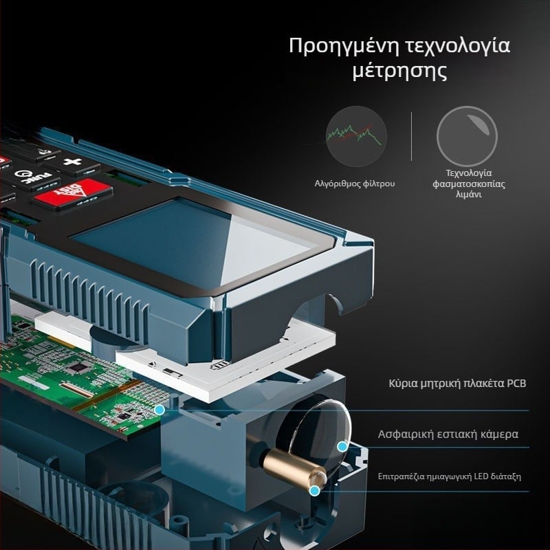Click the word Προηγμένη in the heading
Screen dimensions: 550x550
[x=344, y=47]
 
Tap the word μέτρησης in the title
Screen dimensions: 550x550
[x=399, y=71]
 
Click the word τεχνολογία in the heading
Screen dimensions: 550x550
[x=458, y=47]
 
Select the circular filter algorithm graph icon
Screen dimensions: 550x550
[x=356, y=136]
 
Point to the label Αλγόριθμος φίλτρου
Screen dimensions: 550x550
[x=355, y=184]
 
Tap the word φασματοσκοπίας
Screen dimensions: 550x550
[x=469, y=184]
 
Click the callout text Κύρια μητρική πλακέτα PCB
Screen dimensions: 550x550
[x=457, y=384]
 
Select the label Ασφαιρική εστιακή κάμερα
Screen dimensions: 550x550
[x=448, y=434]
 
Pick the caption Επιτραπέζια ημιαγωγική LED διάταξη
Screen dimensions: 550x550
[x=450, y=476]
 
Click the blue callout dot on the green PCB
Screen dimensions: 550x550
[x=159, y=409]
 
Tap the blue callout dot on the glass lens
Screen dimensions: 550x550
[x=342, y=447]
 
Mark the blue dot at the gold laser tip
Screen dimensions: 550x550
[x=315, y=491]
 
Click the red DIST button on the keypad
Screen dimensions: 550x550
[x=73, y=194]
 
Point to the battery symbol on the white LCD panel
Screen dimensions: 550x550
[x=220, y=365]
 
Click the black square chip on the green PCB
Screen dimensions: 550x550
[x=78, y=367]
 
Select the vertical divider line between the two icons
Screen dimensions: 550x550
[x=411, y=136]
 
